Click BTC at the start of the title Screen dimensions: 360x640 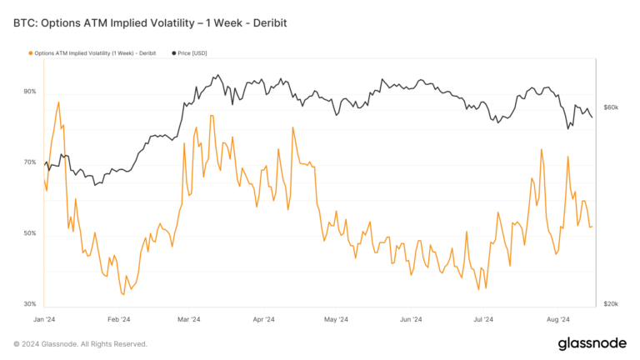click(25, 22)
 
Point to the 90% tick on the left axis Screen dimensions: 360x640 click(30, 92)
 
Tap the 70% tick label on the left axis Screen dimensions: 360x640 click(30, 162)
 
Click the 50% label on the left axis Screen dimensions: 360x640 click(30, 233)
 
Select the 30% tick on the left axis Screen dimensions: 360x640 click(30, 304)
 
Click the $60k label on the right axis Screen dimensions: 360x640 click(610, 107)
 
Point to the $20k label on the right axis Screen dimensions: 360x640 click(610, 304)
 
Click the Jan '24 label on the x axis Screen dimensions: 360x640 click(44, 319)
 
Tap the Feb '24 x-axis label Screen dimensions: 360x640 click(119, 319)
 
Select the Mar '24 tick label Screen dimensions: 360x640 click(189, 319)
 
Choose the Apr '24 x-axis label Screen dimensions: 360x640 click(263, 319)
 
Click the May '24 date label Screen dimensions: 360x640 click(336, 319)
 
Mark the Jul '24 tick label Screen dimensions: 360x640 click(483, 319)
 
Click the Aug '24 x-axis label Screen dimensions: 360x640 click(557, 319)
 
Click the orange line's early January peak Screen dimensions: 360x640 click(58, 102)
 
